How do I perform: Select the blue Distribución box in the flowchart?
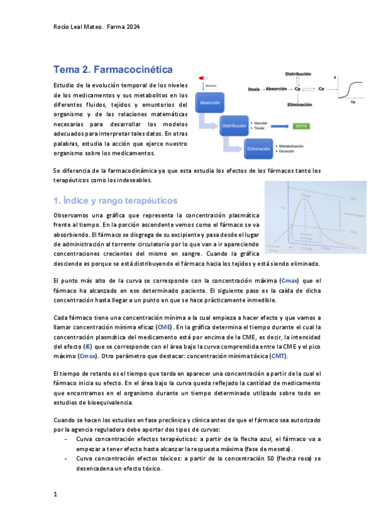[232, 126]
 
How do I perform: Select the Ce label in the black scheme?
[321, 89]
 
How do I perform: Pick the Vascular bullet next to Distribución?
[260, 124]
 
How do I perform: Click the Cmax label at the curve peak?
[306, 196]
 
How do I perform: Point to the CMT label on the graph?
[353, 199]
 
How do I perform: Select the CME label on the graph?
[353, 231]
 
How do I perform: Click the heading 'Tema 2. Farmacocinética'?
[112, 69]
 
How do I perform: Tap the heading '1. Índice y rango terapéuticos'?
[116, 200]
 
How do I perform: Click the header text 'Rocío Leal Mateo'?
[75, 27]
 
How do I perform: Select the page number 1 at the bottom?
[56, 494]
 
